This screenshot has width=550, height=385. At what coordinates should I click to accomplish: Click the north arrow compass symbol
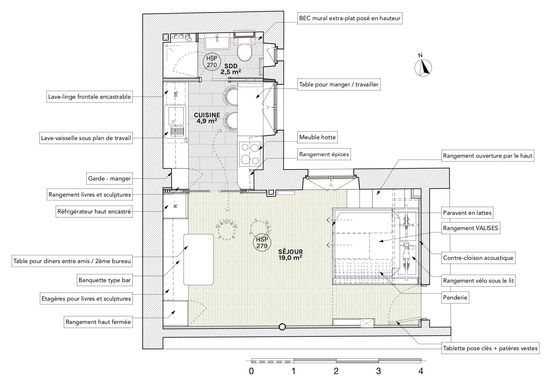(x=423, y=68)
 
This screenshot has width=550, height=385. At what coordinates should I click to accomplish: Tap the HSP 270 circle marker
(x=212, y=62)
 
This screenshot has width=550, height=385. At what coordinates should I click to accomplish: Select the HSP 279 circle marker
(x=262, y=243)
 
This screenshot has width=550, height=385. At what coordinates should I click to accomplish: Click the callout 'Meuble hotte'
(x=317, y=137)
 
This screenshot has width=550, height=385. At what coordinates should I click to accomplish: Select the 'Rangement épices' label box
(x=324, y=154)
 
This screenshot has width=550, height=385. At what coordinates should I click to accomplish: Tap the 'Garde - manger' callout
(x=109, y=179)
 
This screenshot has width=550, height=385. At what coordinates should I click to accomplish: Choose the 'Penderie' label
(x=455, y=298)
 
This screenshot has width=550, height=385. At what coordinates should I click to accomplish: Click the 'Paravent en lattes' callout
(x=467, y=213)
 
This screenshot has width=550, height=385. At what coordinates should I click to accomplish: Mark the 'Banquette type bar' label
(x=104, y=280)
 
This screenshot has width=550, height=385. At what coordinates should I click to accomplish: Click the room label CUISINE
(x=207, y=115)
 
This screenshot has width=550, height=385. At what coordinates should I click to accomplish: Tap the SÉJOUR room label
(x=290, y=252)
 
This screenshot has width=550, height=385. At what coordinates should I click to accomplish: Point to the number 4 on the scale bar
(x=421, y=371)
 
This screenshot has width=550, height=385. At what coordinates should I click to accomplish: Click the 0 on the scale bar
(x=251, y=371)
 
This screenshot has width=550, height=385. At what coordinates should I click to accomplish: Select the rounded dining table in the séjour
(x=199, y=260)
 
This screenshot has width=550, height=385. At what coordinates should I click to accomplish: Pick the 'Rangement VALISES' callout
(x=470, y=228)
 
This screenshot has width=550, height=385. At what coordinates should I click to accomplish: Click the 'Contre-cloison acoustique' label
(x=478, y=258)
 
